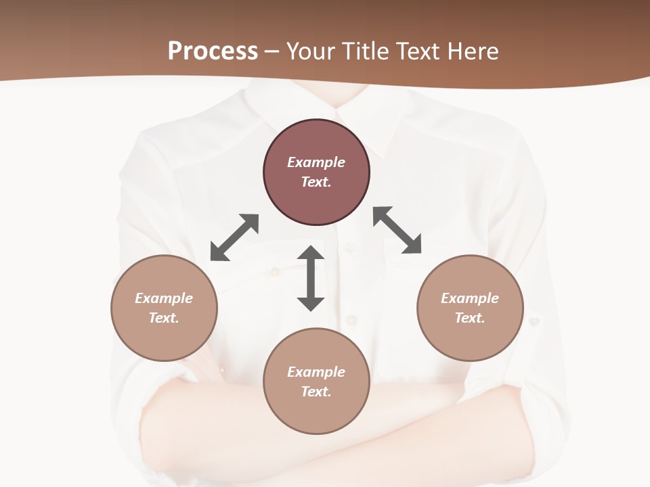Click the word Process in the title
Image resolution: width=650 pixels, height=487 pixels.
213,51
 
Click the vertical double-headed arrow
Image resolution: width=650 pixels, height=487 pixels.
311,278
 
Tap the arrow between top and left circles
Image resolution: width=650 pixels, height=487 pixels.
234,237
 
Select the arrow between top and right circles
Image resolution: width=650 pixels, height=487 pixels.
397,230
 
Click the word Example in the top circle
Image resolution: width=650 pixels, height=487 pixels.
316,162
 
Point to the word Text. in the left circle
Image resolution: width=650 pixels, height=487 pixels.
164,318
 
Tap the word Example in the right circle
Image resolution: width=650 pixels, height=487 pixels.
470,298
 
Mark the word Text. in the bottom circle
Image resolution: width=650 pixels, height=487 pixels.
316,392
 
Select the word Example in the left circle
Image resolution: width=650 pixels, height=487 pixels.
164,298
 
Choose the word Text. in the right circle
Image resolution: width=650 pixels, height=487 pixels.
470,318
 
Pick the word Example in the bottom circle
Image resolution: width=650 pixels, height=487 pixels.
316,372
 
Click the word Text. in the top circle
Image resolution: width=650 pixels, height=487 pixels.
316,182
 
